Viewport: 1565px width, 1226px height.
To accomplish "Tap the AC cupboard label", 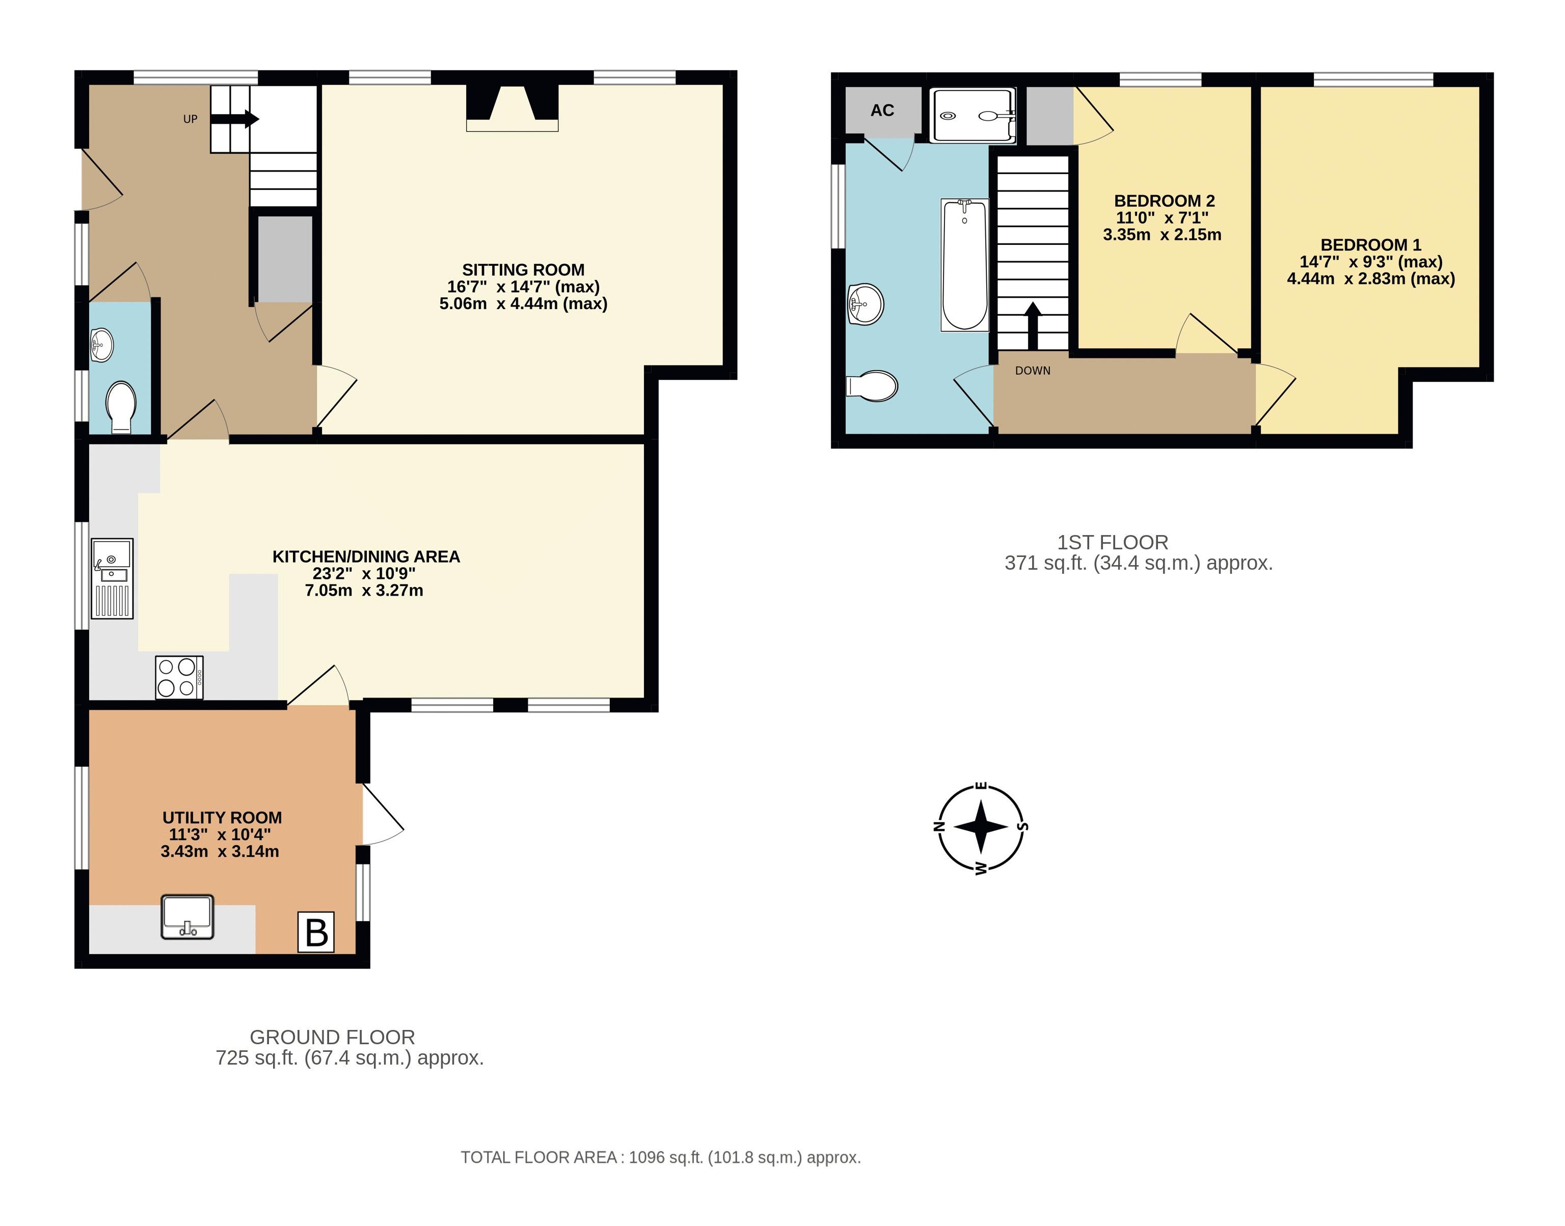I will tap(882, 110).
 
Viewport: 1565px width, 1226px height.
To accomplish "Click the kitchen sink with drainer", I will tap(112, 578).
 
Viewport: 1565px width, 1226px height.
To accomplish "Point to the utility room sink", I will tap(187, 916).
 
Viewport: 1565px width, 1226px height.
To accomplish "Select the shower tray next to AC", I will tap(973, 115).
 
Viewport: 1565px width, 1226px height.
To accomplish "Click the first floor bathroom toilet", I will tap(873, 386).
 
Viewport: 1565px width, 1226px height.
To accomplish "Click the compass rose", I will tap(981, 827).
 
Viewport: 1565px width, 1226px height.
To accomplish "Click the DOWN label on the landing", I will tap(1032, 370).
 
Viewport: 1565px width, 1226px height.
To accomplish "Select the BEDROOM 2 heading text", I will tap(1164, 201).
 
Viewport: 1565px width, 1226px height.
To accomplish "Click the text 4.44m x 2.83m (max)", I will tap(1370, 278).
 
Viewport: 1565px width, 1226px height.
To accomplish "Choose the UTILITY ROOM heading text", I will tap(222, 818).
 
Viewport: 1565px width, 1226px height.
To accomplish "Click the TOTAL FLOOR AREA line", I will tap(660, 1157).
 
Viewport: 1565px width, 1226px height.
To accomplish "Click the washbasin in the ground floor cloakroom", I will tap(102, 345).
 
